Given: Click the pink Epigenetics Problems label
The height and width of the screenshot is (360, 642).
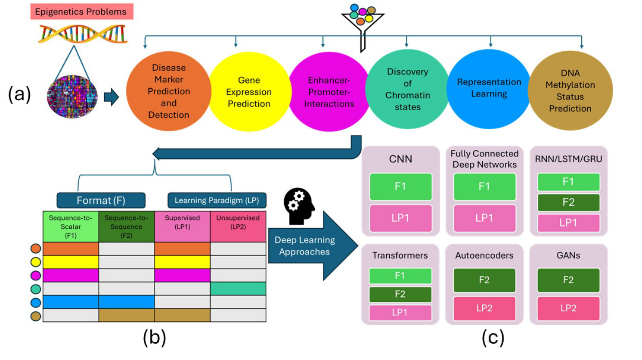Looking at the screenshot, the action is coord(82,12).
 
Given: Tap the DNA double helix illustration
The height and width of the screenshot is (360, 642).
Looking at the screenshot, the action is coord(83,34).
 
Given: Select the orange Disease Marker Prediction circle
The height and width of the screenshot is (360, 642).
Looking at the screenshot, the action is coord(168,91).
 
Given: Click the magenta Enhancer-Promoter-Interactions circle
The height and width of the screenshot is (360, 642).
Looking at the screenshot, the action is coord(329,92).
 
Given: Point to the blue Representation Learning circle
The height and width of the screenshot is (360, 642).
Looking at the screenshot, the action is coord(489,89).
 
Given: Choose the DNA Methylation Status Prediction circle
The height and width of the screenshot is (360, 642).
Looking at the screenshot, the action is coord(571,90).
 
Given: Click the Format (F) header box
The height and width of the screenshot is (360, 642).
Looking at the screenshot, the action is coord(101,200).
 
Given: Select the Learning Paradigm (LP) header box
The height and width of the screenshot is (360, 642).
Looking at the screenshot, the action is coord(217,200).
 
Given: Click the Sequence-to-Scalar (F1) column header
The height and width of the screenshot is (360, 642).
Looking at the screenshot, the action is coord(71,227).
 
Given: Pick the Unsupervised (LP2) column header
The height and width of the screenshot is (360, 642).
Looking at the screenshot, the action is coord(238,227).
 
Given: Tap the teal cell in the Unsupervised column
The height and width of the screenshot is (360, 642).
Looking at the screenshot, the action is coord(238,289).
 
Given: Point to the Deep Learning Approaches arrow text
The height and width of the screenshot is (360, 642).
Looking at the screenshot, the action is coord(305,246).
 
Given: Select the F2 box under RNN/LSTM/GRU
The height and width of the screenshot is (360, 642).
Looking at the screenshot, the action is coord(569,202).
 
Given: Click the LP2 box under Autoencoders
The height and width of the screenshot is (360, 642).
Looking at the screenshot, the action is coord(484,308).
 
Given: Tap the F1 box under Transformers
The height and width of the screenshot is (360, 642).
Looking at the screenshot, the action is coord(400,276).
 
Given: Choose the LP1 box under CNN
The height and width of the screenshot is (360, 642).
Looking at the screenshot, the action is coord(401,218).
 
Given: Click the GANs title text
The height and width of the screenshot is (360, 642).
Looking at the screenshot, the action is coord(568,255).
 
